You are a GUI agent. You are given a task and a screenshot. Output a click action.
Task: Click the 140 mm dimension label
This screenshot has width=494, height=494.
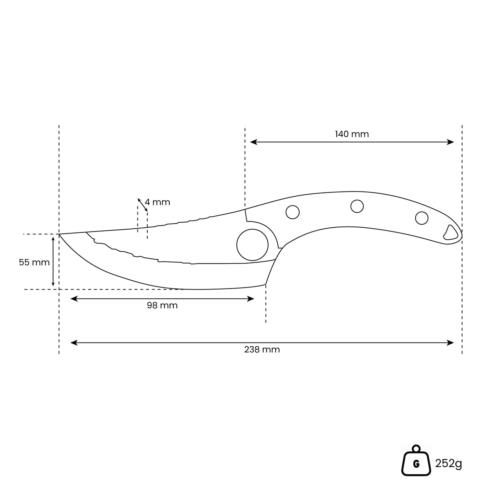[351, 134]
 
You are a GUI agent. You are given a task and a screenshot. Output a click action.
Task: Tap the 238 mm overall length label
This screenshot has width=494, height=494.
[262, 349]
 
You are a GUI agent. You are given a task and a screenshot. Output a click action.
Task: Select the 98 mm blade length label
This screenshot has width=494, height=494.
[162, 305]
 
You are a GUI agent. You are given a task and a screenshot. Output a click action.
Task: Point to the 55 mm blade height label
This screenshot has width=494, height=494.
[34, 262]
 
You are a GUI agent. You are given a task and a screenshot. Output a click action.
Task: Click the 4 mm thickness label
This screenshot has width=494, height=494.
[157, 202]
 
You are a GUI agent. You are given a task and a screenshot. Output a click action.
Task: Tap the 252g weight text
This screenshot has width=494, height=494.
[449, 464]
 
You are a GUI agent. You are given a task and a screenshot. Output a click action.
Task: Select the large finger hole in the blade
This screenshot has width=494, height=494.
[252, 244]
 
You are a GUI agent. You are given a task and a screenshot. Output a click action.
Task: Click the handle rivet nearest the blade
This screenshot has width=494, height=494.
[292, 212]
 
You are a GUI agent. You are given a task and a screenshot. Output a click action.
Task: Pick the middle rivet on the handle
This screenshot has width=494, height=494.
[357, 206]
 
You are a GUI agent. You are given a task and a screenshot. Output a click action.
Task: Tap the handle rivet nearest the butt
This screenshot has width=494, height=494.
[422, 218]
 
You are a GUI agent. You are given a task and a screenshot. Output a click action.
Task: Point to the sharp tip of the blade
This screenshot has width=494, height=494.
[59, 234]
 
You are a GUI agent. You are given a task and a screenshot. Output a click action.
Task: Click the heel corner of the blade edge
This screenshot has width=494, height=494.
[266, 284]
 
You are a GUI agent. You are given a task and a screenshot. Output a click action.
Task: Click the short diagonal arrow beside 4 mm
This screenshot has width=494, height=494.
[143, 204]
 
